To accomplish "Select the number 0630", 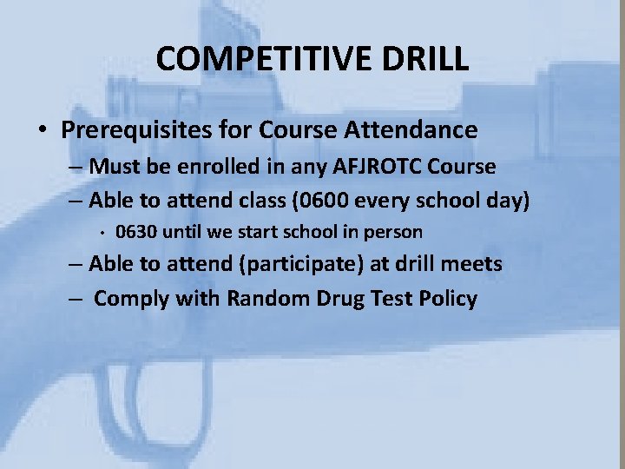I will coord(135,232).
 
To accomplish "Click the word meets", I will coord(473,264).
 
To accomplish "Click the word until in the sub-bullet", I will coord(189,232).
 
